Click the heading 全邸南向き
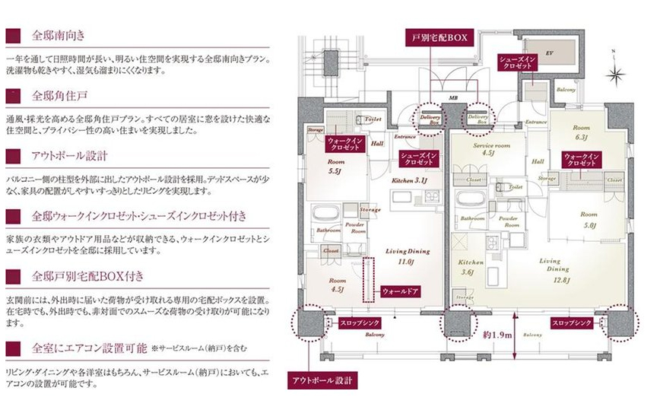click(x=59, y=36)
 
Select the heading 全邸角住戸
click(x=59, y=96)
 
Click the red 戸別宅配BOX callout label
click(x=442, y=37)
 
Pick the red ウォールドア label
click(x=399, y=291)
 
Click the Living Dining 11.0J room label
click(x=408, y=256)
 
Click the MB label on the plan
click(x=453, y=98)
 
